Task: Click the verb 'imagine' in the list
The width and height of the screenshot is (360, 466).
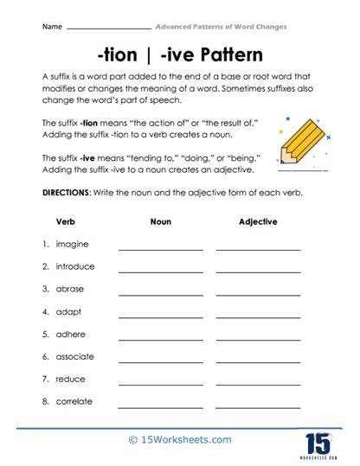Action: [x=72, y=245]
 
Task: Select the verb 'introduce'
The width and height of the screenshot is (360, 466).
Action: [x=75, y=266]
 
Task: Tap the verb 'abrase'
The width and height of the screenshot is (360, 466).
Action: [x=71, y=289]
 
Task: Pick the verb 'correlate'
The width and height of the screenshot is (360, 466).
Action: [x=74, y=401]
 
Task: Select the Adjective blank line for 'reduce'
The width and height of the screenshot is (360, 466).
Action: [x=258, y=383]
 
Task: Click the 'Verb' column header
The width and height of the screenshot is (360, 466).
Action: [x=66, y=221]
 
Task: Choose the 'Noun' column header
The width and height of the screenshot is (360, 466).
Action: [x=160, y=221]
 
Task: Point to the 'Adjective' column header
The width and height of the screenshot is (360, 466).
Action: [x=258, y=221]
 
